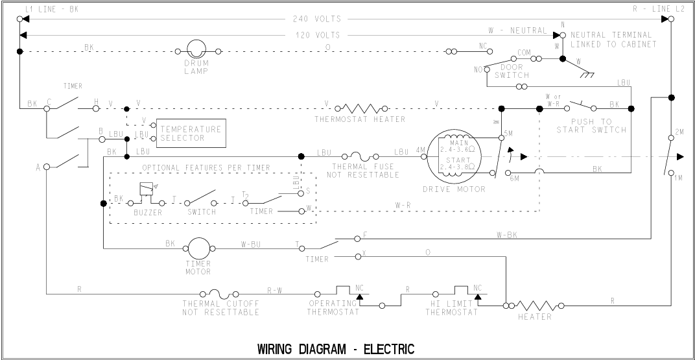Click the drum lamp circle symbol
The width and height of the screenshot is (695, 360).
point(196,50)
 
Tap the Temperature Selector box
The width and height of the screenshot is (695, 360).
point(191,133)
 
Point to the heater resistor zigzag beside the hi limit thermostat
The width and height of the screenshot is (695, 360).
point(535,304)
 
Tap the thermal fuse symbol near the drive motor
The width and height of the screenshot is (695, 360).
point(368,156)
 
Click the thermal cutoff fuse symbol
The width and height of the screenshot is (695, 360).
point(220,292)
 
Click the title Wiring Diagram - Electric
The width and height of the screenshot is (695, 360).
point(335,349)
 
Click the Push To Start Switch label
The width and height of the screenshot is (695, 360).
point(591,126)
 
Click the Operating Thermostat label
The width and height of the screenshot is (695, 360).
point(333,307)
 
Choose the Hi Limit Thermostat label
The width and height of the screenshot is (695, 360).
point(452,307)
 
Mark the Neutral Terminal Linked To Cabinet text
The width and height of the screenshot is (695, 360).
point(613,40)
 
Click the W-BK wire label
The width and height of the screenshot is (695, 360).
point(508,235)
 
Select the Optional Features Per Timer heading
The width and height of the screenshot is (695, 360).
point(207,167)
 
